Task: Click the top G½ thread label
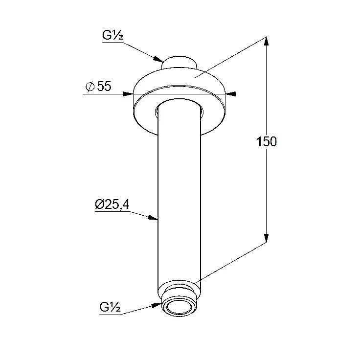(112, 36)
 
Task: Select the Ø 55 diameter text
(98, 86)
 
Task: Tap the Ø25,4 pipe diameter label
(112, 204)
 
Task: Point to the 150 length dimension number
(266, 141)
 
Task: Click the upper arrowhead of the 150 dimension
(266, 42)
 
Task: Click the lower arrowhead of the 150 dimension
(266, 238)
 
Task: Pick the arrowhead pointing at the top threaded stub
(158, 59)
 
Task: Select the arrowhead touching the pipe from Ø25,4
(153, 218)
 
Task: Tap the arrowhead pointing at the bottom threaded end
(157, 305)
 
